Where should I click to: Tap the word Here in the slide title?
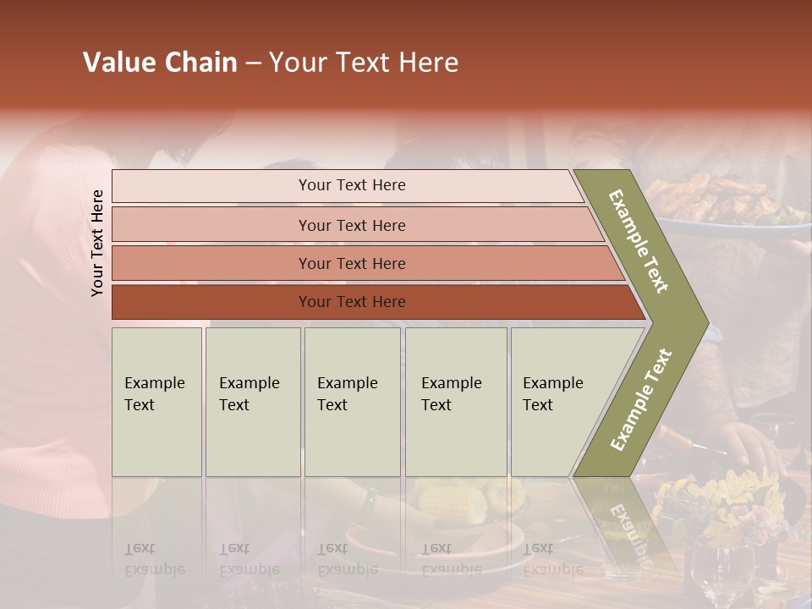[x=428, y=63]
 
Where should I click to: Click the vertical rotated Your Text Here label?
[x=97, y=243]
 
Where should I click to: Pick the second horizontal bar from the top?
[x=351, y=225]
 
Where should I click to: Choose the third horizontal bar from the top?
[x=351, y=263]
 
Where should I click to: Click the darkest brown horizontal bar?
[x=351, y=302]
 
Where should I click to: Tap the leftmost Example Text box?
[x=156, y=402]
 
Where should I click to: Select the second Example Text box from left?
[x=253, y=402]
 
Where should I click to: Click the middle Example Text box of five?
[x=352, y=402]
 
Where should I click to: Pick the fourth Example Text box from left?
[x=456, y=402]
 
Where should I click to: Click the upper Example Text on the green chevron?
[x=639, y=241]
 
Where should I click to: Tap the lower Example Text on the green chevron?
[x=641, y=399]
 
